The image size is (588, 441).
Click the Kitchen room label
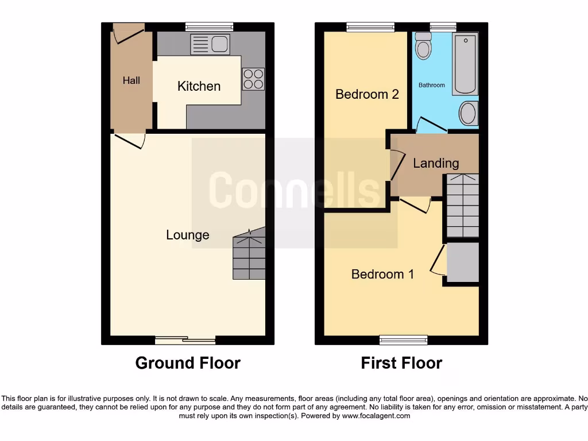coord(199,86)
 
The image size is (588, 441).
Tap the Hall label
coord(131,80)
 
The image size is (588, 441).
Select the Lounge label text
coord(187,235)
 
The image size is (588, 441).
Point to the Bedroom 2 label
coord(367,94)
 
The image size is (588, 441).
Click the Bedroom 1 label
coord(382,274)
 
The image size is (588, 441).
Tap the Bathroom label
coord(431,85)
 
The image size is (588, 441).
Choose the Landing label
coord(436,163)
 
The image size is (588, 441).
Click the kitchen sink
coord(210,44)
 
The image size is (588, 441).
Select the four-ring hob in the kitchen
coord(253,79)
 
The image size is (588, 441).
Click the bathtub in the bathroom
coord(465,63)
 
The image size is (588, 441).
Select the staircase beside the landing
coord(463,206)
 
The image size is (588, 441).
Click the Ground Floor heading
coord(188,363)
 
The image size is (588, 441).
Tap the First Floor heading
coord(401,363)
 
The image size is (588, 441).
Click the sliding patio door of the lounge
coord(185,340)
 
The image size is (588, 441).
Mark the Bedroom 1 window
coord(403,340)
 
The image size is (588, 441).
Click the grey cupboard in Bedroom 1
coord(463,262)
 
